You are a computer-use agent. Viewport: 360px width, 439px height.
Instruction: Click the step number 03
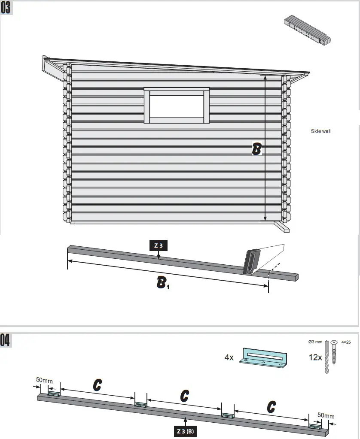(x=7, y=9)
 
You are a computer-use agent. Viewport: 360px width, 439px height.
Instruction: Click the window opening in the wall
(x=176, y=106)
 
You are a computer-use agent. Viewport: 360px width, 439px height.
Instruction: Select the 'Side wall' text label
(x=321, y=131)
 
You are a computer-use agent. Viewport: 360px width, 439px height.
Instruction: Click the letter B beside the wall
(x=256, y=149)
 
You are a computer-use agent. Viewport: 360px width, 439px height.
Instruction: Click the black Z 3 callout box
(x=158, y=246)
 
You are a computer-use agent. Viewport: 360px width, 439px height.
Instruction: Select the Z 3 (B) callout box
(x=186, y=430)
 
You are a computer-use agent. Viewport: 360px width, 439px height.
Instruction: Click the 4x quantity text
(x=229, y=357)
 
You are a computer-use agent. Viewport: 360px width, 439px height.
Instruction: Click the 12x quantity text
(x=316, y=357)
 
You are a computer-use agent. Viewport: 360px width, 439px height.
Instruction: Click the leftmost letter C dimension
(x=98, y=385)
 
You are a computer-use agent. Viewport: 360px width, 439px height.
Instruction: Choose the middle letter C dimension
(x=184, y=396)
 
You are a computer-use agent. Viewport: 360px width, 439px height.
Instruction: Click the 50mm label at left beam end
(x=44, y=380)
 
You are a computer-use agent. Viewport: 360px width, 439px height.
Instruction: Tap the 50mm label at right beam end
(x=326, y=415)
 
